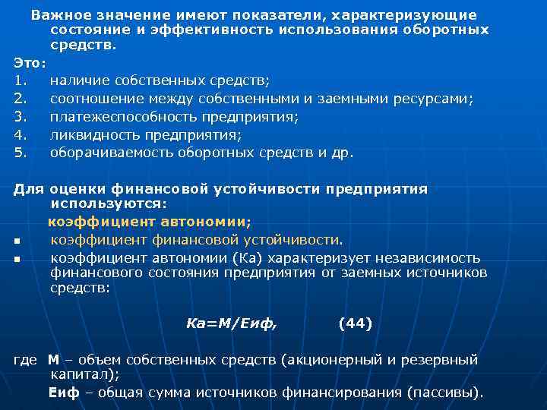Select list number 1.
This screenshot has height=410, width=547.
(21, 80)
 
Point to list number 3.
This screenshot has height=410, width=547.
(21, 117)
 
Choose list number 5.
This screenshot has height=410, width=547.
(21, 153)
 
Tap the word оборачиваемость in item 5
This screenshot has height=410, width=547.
(111, 153)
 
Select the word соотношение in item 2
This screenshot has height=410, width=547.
(94, 99)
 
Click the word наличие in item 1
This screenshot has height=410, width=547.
(79, 80)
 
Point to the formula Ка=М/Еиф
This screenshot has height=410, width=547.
(232, 323)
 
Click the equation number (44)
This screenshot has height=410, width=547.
(355, 323)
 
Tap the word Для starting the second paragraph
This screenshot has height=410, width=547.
(28, 189)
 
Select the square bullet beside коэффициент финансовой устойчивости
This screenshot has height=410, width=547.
(16, 242)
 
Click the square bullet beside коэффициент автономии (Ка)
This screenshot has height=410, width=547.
(16, 260)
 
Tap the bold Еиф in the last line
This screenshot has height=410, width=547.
(63, 393)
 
